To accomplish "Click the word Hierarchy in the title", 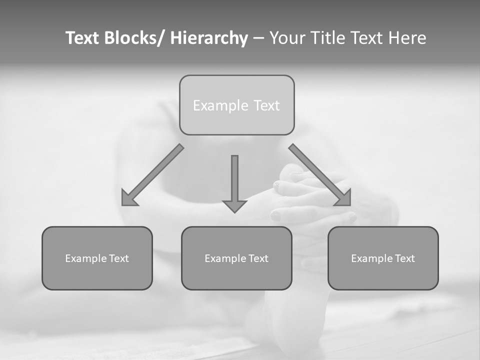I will pos(209,38).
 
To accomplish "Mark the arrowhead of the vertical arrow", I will pos(234,205).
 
